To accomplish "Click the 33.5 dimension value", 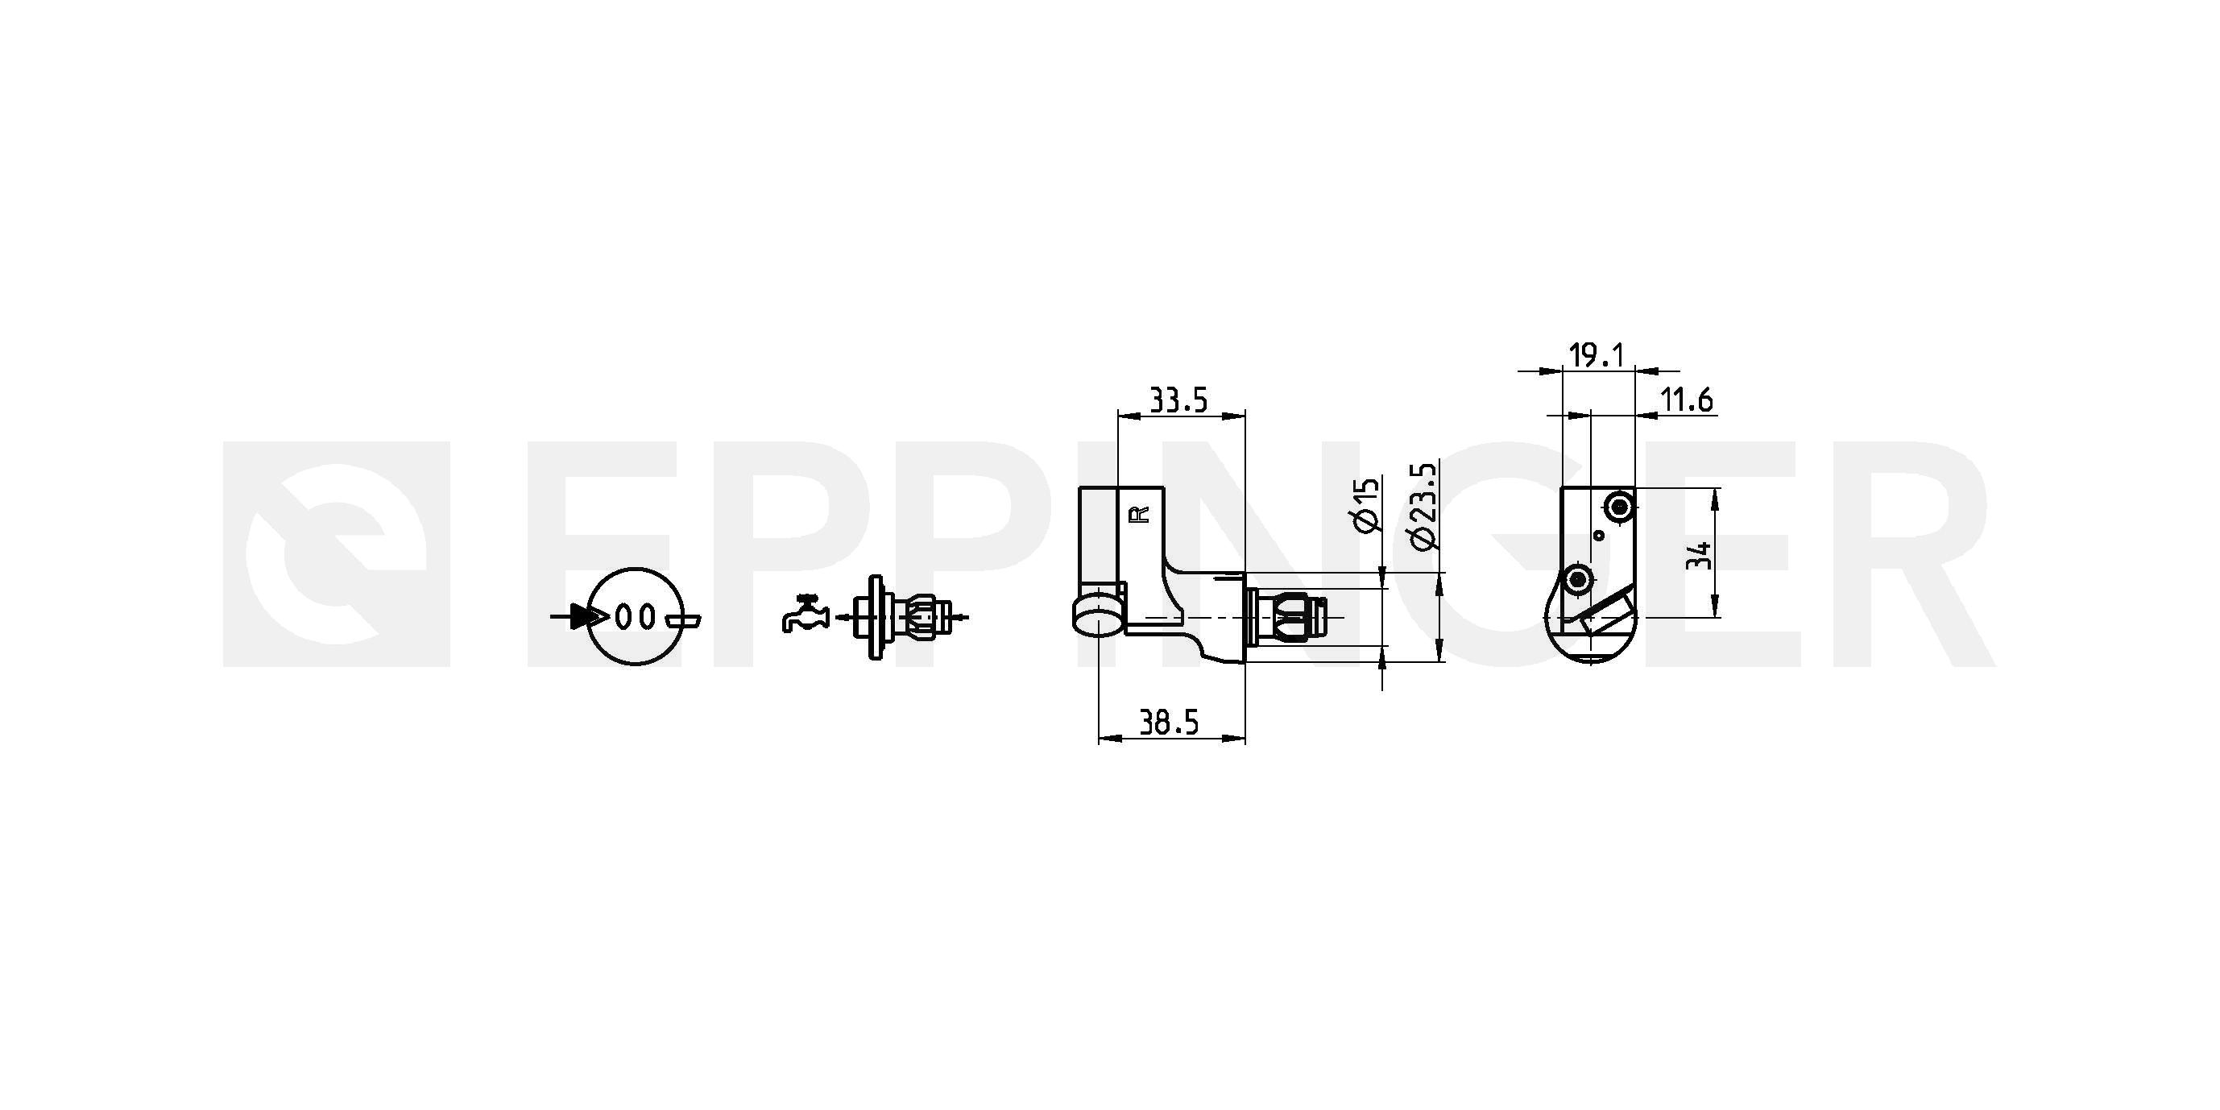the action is pos(1179,400).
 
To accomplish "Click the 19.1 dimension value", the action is pos(1597,355).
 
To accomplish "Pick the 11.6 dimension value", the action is pos(1687,400).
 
